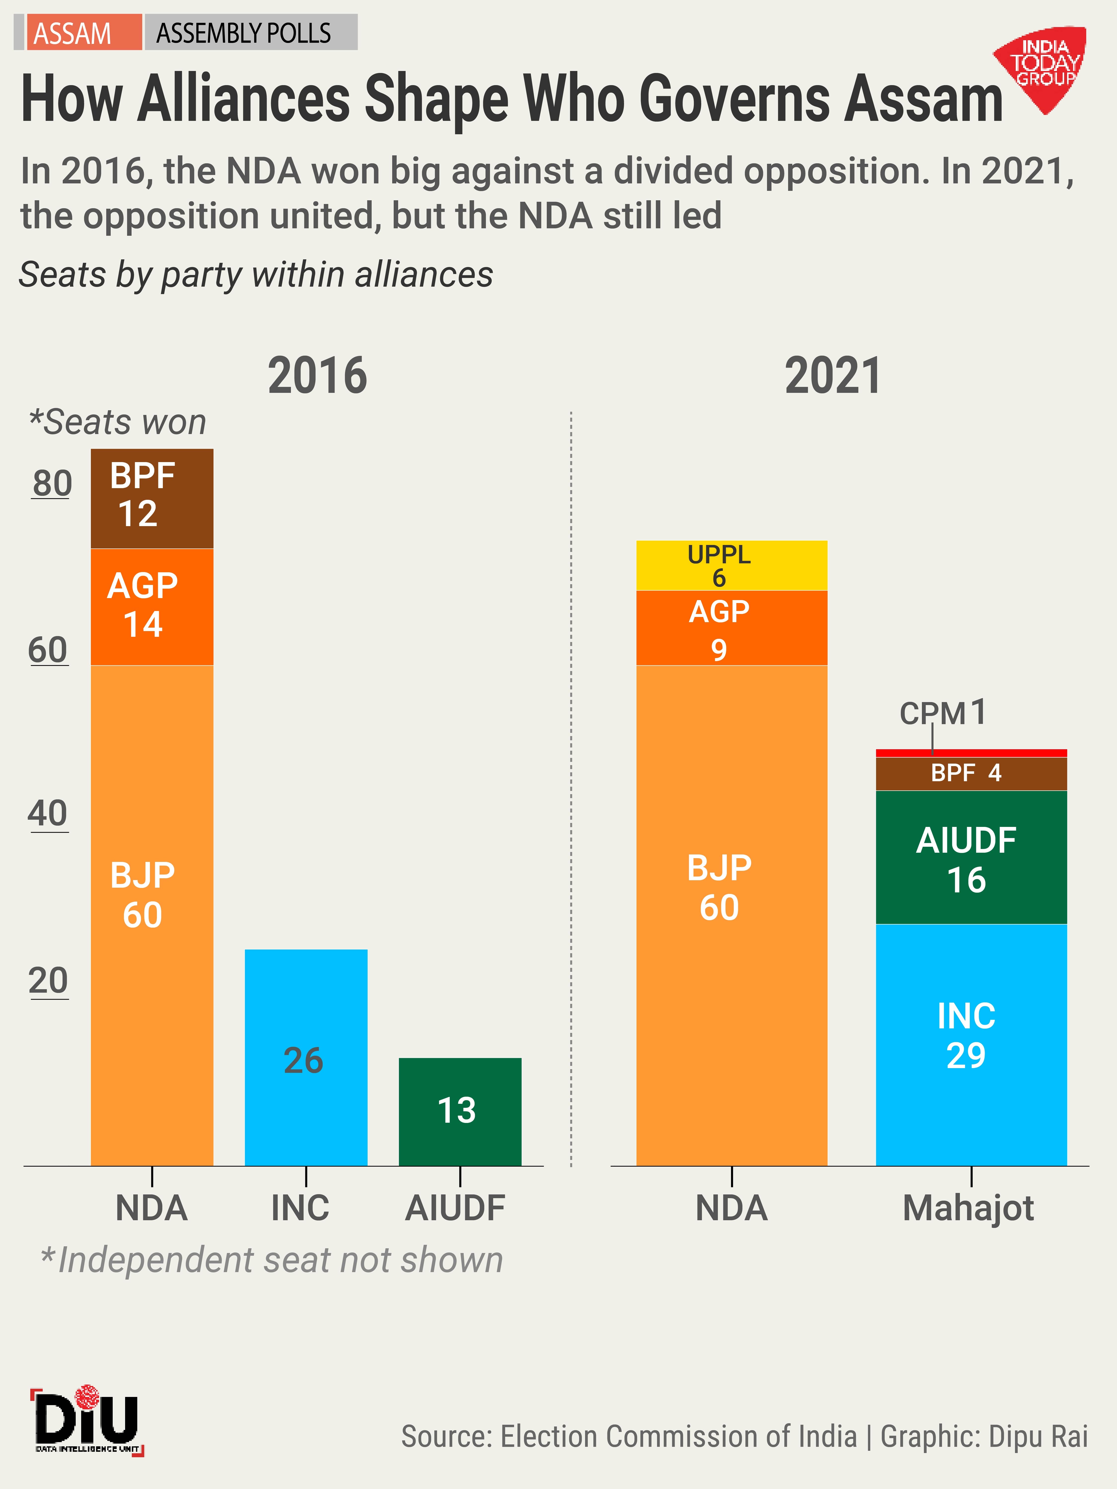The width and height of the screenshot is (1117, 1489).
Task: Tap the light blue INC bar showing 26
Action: tap(306, 1057)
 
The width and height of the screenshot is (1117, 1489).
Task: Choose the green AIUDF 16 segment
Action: tap(971, 857)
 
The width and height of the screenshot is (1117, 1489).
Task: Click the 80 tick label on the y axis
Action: tap(52, 483)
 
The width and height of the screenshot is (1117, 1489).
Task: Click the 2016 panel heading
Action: tap(317, 376)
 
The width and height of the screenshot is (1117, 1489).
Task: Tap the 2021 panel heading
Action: tap(833, 376)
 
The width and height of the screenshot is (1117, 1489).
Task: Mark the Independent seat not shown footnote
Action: tap(271, 1260)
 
